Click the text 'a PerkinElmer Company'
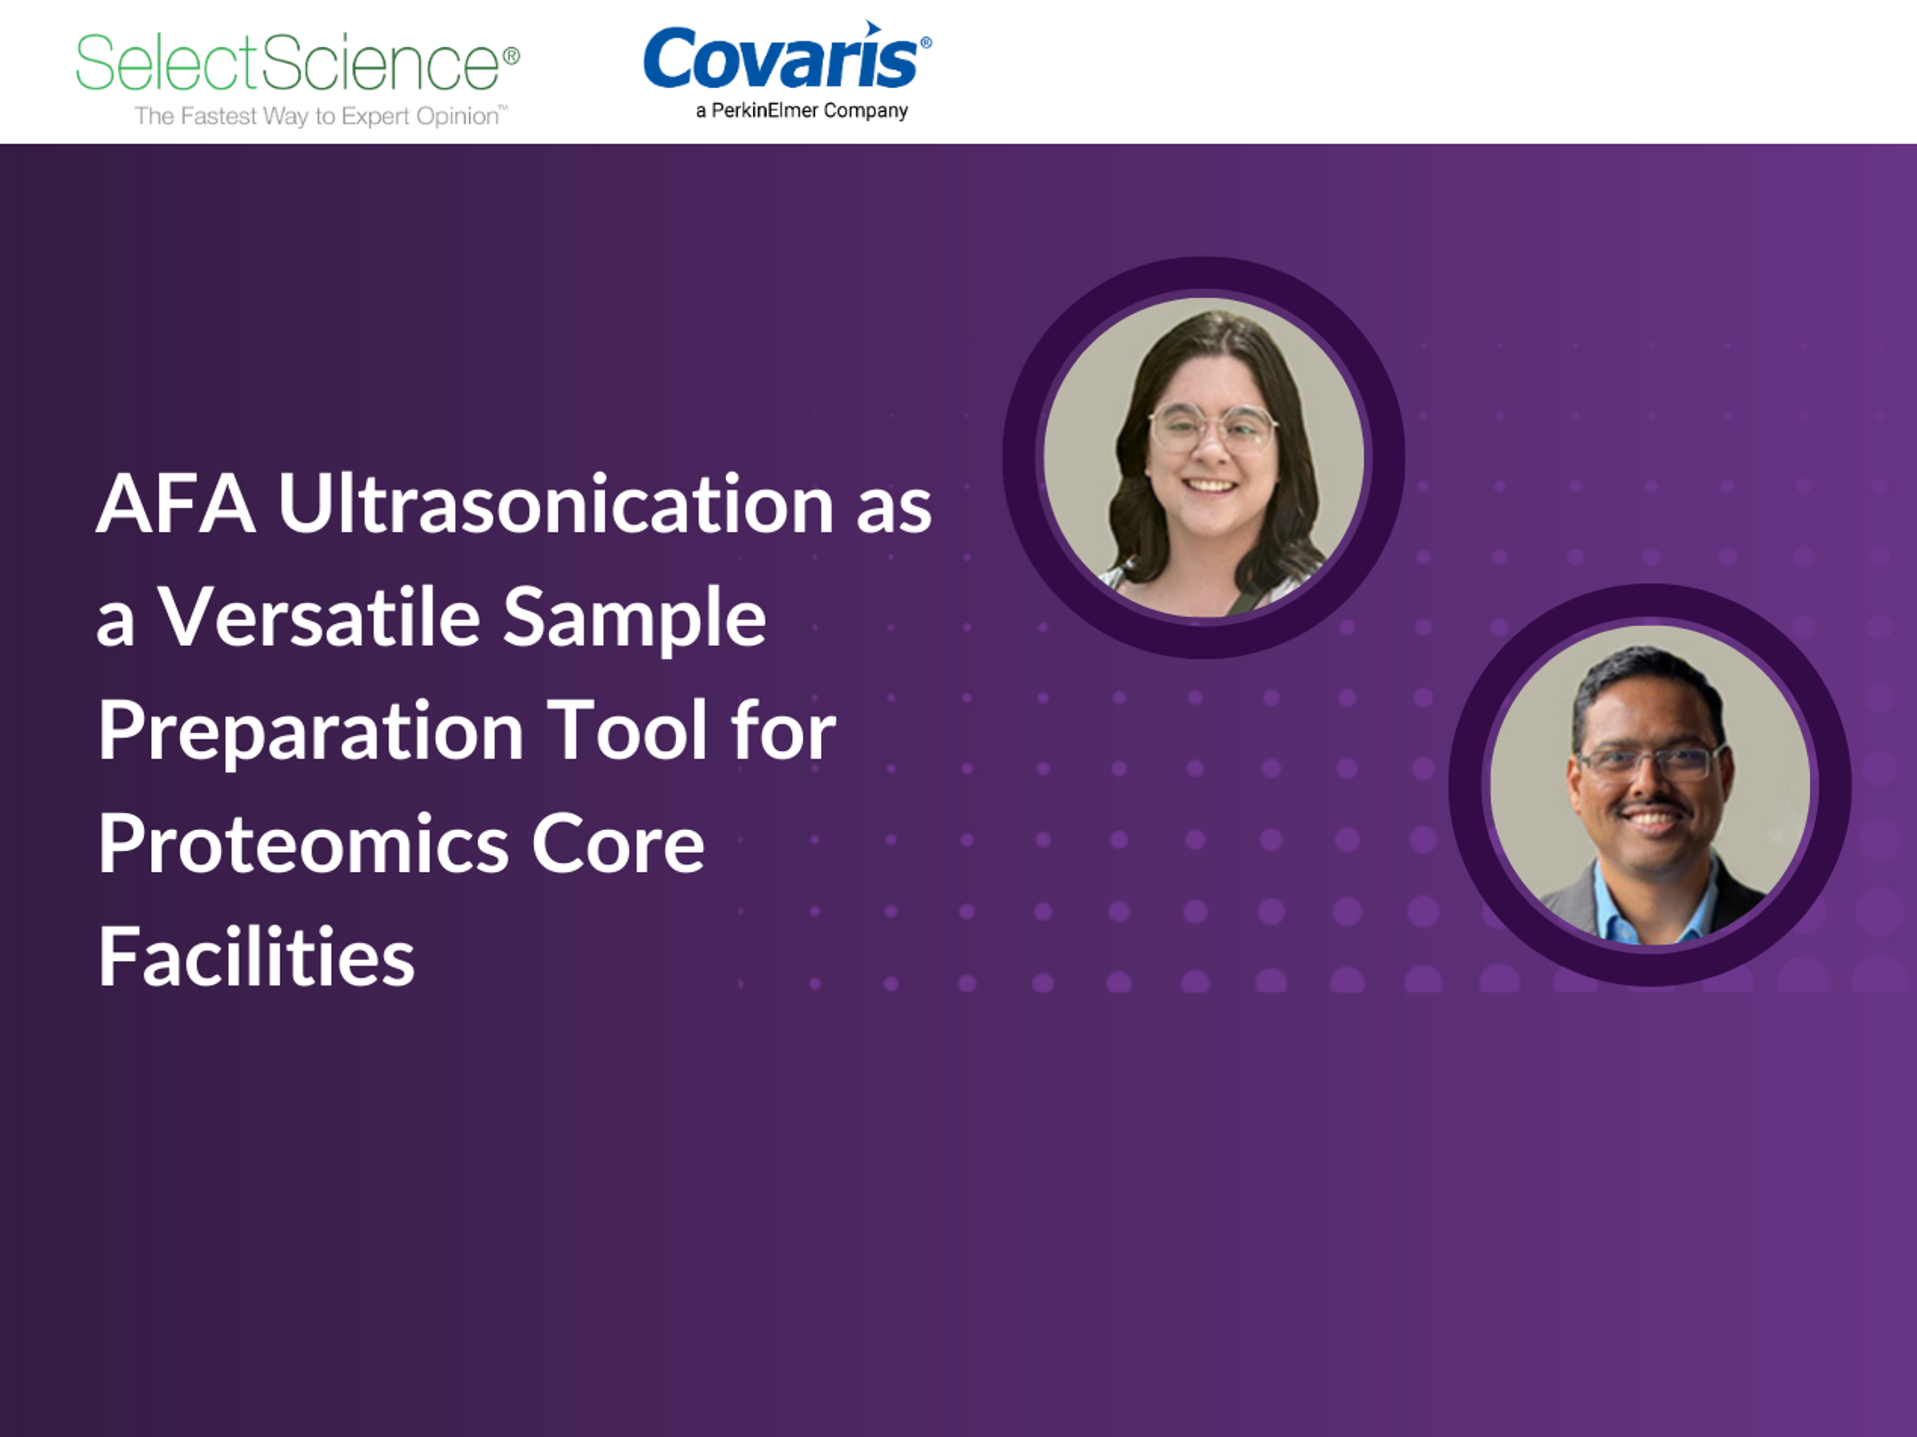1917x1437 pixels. tap(802, 111)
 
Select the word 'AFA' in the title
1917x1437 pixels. tap(176, 504)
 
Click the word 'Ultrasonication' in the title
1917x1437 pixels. tap(556, 503)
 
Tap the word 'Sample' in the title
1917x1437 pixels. tap(635, 618)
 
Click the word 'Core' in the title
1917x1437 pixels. tap(618, 845)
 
